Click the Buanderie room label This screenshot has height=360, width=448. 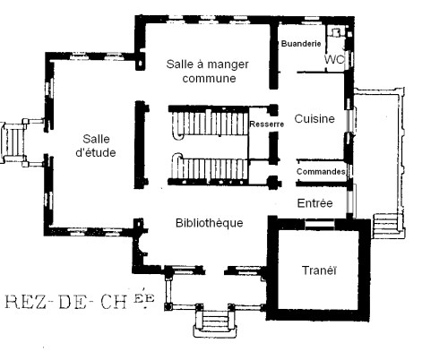(x=302, y=43)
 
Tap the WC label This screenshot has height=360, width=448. (x=335, y=59)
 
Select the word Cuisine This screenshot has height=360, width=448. (x=314, y=118)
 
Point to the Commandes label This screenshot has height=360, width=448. (x=321, y=171)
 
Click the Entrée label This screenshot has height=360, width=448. (x=314, y=203)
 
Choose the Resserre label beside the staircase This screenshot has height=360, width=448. (x=266, y=124)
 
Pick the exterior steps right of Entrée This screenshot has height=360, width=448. (x=386, y=225)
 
